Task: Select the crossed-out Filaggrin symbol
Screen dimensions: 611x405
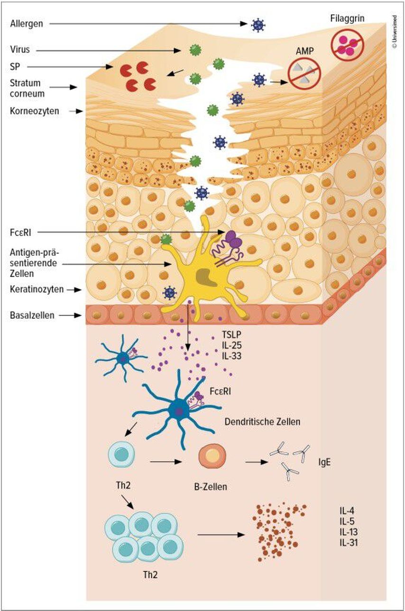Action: pos(349,45)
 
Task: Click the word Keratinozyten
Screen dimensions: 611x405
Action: pos(37,289)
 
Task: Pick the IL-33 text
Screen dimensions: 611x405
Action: pos(232,355)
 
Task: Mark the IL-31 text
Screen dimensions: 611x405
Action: pos(348,541)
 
